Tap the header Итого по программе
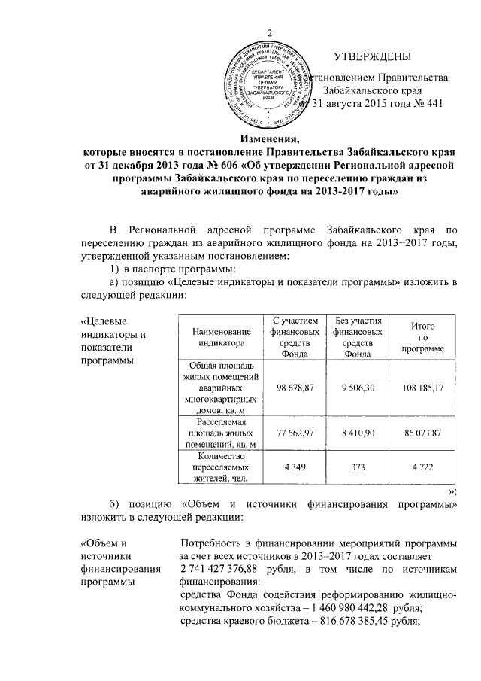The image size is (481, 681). pos(422,336)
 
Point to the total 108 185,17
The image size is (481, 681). pos(422,387)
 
